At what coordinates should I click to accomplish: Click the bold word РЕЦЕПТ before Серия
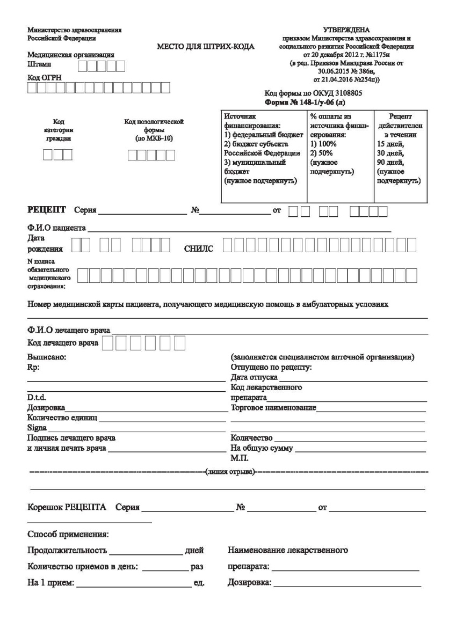coord(46,209)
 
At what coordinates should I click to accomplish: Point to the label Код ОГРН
coord(45,78)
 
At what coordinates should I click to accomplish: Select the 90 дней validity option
coord(390,162)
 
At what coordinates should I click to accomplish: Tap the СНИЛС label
coord(199,248)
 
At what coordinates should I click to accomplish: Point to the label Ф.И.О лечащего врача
coord(69,330)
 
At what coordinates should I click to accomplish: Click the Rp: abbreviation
coord(33,368)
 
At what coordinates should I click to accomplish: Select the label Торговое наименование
coord(273,408)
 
